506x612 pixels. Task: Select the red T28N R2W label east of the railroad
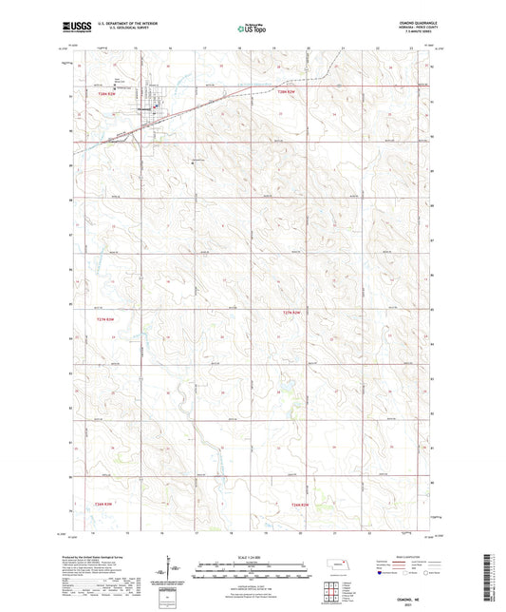289,92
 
